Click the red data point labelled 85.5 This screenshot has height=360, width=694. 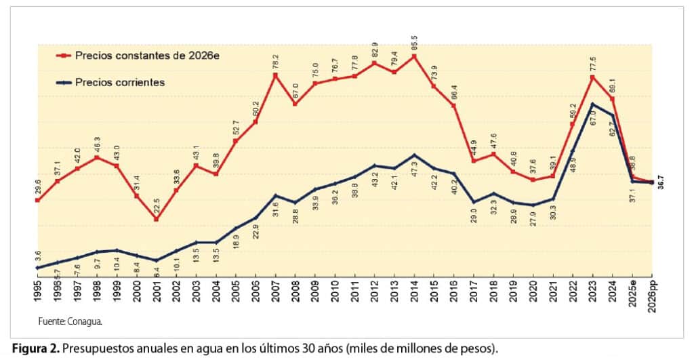pos(414,56)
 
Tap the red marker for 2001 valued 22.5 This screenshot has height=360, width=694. pos(157,219)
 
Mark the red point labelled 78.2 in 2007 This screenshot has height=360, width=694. pos(275,75)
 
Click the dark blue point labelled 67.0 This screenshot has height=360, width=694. pos(593,104)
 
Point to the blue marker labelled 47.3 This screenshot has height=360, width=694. pos(414,155)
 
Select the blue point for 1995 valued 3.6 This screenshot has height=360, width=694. pos(38,268)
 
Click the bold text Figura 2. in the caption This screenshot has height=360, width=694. pos(35,348)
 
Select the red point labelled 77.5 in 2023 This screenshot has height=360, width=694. pos(593,77)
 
